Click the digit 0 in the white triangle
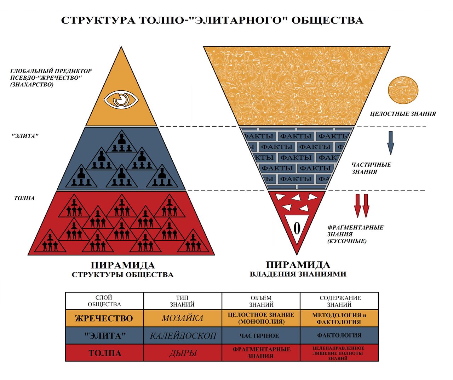click(297, 229)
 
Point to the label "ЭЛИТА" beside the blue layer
click(25, 136)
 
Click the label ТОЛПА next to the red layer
click(24, 198)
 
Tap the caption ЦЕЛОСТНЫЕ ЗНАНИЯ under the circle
click(403, 114)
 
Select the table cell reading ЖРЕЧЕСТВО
click(104, 318)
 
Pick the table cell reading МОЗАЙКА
click(183, 318)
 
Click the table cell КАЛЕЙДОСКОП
click(183, 335)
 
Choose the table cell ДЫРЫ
click(183, 353)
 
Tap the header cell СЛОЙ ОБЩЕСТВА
click(104, 301)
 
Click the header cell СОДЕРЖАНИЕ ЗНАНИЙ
click(339, 301)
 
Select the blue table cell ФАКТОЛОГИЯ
click(339, 335)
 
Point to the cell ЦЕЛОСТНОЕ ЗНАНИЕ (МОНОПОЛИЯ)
click(261, 318)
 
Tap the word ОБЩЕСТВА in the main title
click(327, 20)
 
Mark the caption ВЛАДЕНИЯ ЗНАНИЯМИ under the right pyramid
click(298, 274)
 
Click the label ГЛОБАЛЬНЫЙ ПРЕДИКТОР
click(51, 71)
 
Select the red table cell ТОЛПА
click(104, 353)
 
